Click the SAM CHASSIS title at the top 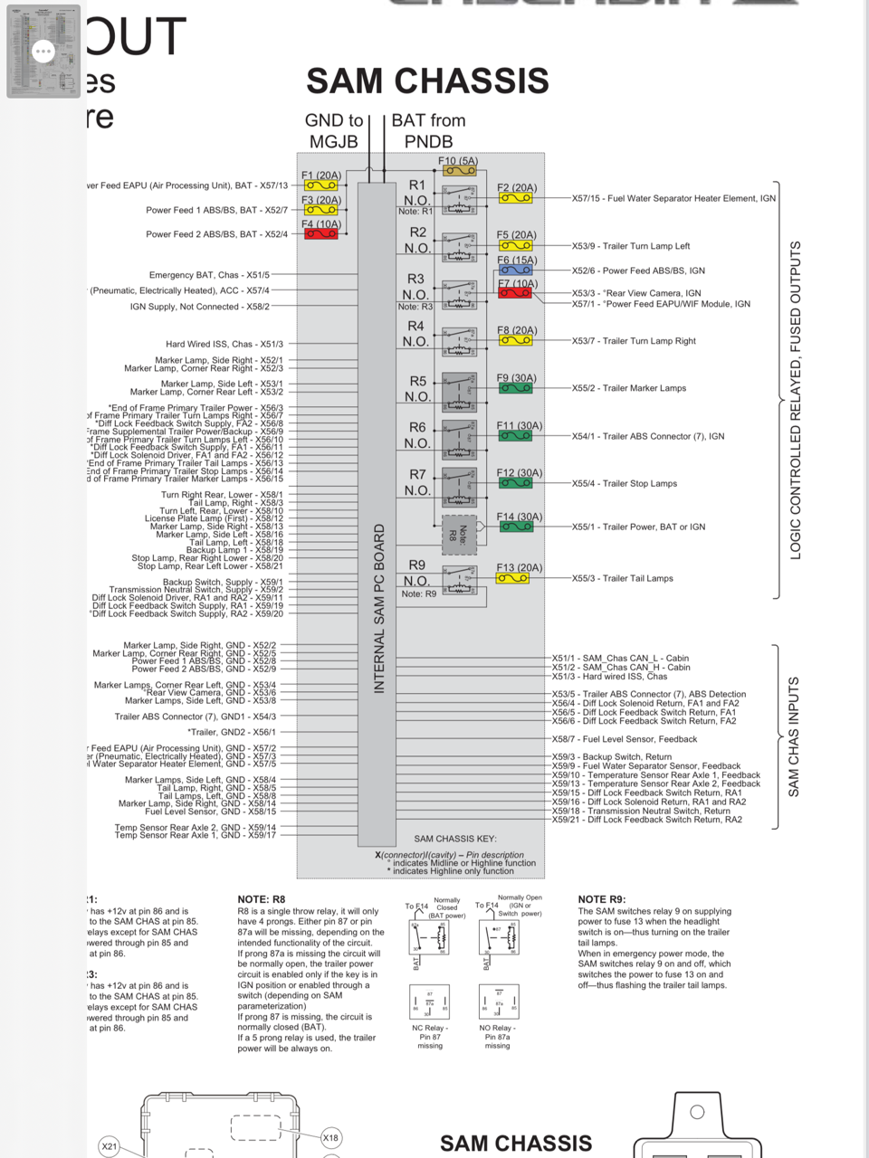[x=427, y=81]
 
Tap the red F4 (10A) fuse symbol [x=320, y=234]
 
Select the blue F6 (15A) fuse [x=515, y=270]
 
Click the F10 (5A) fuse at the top [x=458, y=170]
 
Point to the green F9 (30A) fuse [x=515, y=388]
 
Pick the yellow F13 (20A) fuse [x=512, y=578]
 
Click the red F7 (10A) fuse [x=515, y=293]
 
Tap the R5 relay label [x=417, y=382]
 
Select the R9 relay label [x=416, y=565]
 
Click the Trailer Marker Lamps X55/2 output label [x=628, y=388]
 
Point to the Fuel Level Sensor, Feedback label [x=625, y=739]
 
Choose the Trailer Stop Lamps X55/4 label [x=624, y=483]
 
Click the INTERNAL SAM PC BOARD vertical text [x=380, y=608]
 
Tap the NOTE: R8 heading [x=261, y=899]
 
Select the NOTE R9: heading [x=602, y=899]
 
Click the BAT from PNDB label [x=428, y=130]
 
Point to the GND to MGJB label [x=333, y=130]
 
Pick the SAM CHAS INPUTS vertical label [x=794, y=736]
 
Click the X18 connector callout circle [x=331, y=1137]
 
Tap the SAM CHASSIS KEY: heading [x=455, y=839]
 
